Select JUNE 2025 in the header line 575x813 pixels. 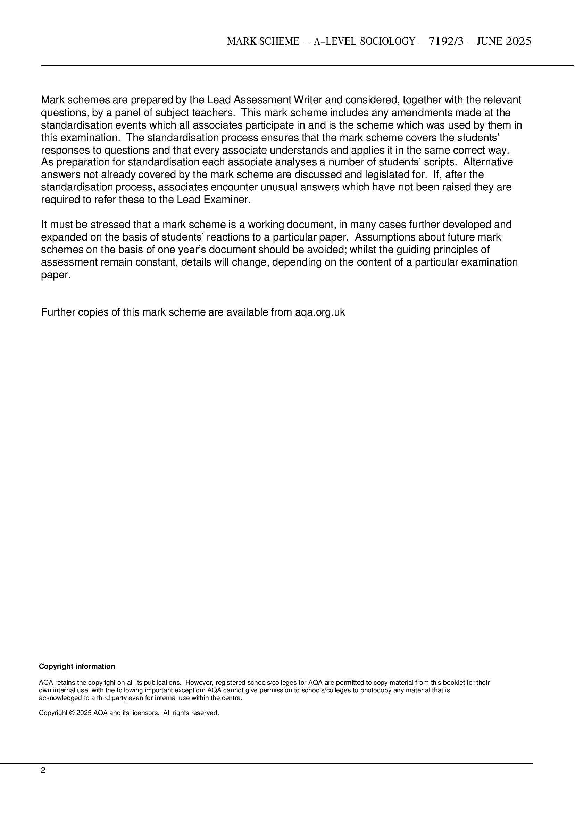504,41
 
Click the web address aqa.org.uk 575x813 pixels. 320,312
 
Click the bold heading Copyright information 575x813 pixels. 77,666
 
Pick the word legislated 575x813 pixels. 382,175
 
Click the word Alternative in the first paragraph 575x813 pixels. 488,162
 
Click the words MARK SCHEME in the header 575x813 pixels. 263,41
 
